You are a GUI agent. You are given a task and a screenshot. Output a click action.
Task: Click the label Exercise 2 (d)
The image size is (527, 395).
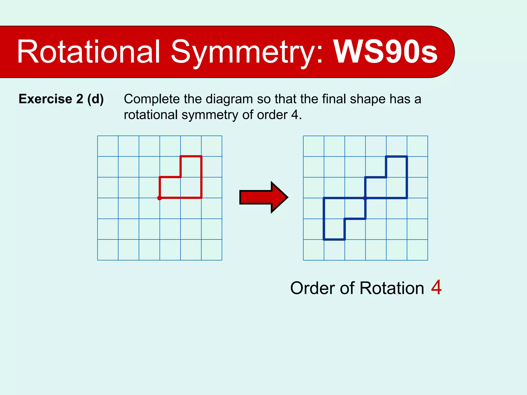61,99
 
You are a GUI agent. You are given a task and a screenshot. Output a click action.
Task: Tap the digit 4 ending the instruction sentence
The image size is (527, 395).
294,115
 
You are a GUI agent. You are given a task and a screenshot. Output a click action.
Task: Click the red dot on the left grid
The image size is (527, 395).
160,198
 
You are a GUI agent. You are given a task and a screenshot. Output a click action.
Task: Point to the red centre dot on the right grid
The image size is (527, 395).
365,198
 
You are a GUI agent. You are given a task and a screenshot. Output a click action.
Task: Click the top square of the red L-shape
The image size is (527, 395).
191,167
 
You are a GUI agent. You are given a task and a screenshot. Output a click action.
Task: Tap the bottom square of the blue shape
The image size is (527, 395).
334,229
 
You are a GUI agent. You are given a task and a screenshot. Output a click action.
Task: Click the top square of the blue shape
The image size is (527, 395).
397,167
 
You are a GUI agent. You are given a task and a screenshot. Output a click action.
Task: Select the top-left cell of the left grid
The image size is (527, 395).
108,146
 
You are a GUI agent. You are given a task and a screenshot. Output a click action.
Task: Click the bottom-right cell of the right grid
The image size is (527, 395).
417,250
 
